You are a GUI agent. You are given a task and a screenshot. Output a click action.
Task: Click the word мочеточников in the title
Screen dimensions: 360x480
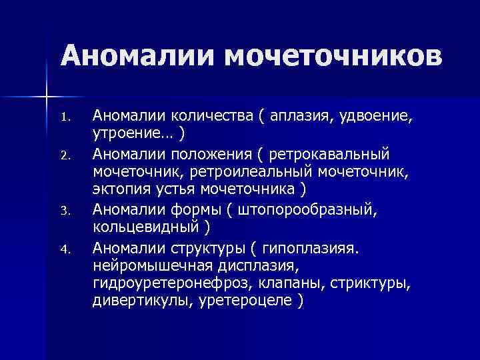[333, 56]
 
